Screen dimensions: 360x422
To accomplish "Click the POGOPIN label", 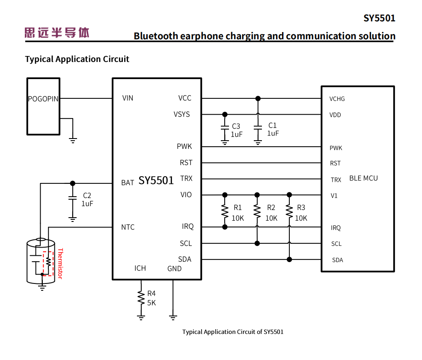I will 43,99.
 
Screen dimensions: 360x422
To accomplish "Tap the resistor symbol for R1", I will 225,211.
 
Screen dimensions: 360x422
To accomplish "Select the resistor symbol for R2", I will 257,211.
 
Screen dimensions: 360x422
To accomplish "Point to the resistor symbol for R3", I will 289,211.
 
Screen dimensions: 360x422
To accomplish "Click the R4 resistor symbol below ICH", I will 141,298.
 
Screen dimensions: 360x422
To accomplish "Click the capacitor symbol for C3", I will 225,128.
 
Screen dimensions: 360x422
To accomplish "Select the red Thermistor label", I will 60,263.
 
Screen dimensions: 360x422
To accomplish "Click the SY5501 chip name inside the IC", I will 156,181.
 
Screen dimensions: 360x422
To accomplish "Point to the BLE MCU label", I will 363,178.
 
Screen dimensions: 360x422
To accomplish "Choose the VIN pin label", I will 128,98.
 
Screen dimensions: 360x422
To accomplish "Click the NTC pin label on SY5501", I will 128,227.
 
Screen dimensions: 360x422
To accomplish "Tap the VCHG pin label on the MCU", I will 337,99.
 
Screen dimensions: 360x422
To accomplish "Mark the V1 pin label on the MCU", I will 334,196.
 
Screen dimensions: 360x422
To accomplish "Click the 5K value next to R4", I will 152,303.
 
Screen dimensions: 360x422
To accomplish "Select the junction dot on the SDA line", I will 289,259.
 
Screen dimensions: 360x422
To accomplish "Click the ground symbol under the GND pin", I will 173,317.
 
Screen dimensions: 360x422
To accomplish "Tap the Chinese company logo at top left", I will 57,32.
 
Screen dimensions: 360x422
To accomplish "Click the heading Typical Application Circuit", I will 77,59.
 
